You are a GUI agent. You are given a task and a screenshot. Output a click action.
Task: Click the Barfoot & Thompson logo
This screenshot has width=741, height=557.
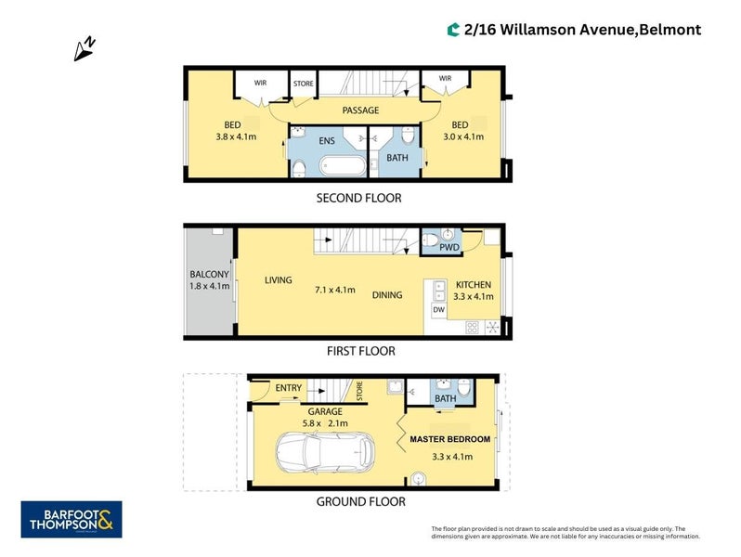pyautogui.click(x=71, y=519)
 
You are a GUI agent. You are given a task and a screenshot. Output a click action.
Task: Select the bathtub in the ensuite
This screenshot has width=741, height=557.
pyautogui.click(x=339, y=168)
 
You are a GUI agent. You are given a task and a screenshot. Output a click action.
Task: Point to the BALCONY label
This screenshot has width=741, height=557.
pyautogui.click(x=209, y=275)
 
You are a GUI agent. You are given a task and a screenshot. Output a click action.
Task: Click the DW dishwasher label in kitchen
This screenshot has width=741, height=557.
pyautogui.click(x=438, y=309)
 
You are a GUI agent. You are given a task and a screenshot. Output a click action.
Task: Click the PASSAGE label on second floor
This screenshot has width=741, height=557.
pyautogui.click(x=360, y=110)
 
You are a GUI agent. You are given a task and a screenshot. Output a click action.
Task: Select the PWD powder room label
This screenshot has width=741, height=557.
pyautogui.click(x=450, y=249)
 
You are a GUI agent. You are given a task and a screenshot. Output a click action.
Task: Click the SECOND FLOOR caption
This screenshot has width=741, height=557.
pyautogui.click(x=359, y=198)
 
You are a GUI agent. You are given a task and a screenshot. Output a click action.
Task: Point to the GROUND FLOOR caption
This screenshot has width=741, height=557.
pyautogui.click(x=361, y=501)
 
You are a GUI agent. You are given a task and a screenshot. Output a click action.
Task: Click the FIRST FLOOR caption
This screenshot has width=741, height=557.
pyautogui.click(x=360, y=351)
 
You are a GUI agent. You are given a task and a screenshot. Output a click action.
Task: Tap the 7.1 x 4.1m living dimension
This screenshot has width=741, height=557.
pyautogui.click(x=335, y=290)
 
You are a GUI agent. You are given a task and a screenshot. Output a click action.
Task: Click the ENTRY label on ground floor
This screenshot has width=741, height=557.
pyautogui.click(x=289, y=388)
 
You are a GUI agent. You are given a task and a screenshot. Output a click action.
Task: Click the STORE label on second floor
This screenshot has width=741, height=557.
pyautogui.click(x=304, y=84)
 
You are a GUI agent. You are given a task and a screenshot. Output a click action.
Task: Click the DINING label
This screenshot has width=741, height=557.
pyautogui.click(x=387, y=295)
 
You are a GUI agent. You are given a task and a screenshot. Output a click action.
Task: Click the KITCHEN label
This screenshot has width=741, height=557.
pyautogui.click(x=473, y=285)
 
